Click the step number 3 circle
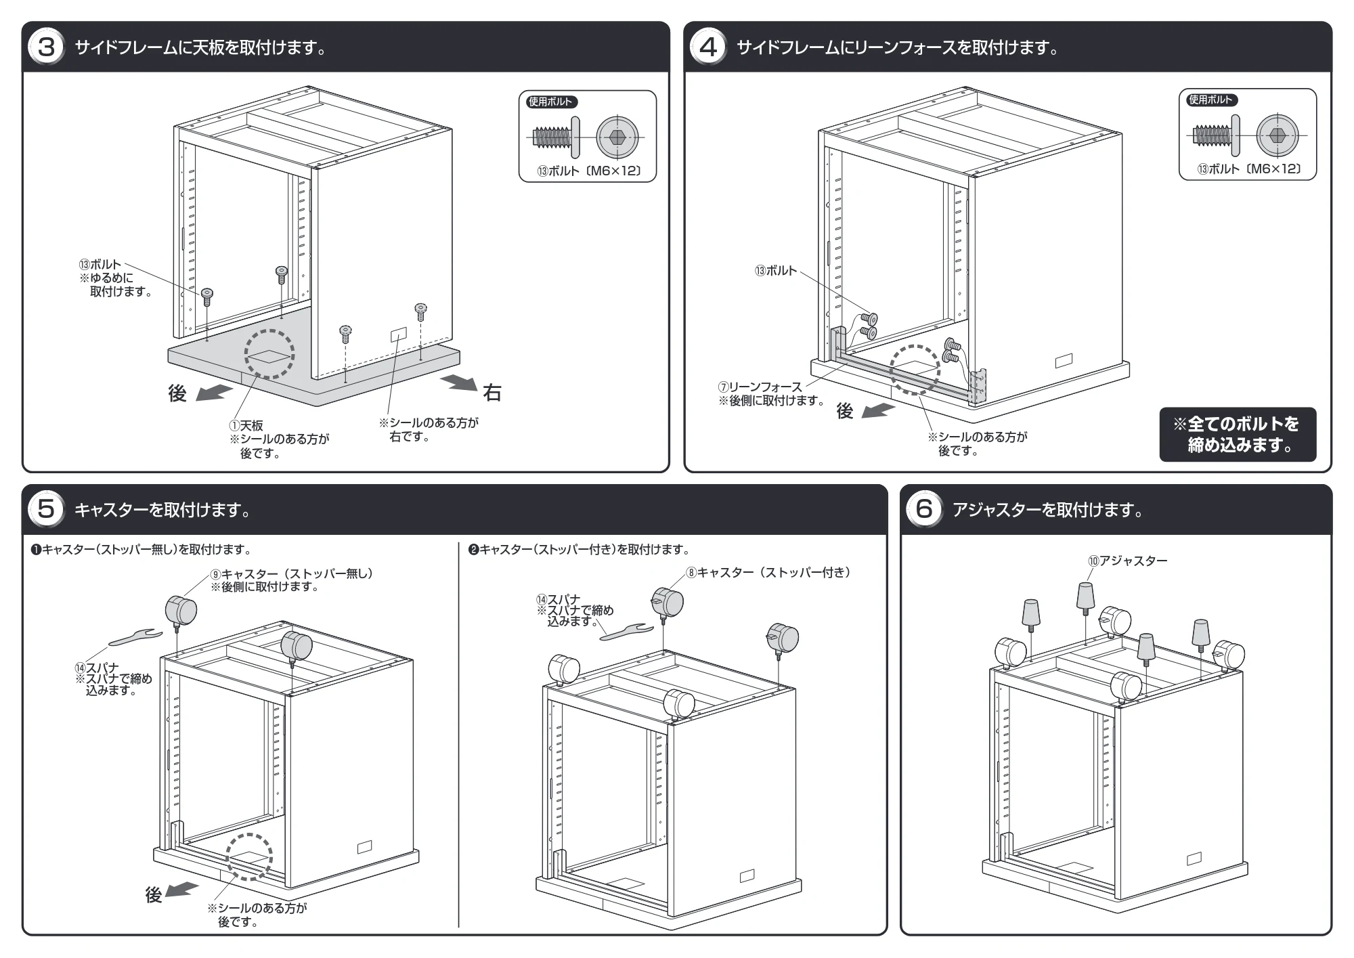point(46,47)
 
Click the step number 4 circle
point(707,47)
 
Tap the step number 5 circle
point(46,509)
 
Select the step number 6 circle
point(924,509)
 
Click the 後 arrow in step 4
point(879,410)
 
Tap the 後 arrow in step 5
point(182,890)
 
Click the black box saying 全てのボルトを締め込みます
point(1238,434)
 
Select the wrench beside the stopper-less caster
point(135,636)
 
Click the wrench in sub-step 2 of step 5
point(627,632)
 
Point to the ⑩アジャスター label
point(1128,561)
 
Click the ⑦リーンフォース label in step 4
point(760,387)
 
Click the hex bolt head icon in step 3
point(617,137)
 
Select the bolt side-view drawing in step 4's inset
point(1216,135)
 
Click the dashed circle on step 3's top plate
point(269,354)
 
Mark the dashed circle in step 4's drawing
point(915,370)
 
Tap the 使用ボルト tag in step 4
point(1212,100)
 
